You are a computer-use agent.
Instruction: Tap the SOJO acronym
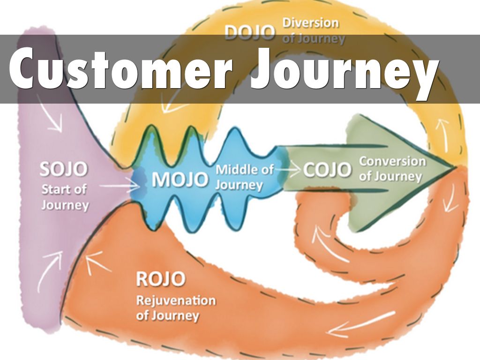click(64, 170)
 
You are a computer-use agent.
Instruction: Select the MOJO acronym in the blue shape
click(180, 180)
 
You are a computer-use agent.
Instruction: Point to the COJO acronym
click(327, 170)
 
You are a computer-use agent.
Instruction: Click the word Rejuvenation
click(176, 300)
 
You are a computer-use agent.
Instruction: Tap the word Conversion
click(392, 162)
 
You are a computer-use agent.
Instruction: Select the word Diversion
click(310, 23)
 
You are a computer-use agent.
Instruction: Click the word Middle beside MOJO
click(244, 169)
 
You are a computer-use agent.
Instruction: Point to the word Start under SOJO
click(57, 190)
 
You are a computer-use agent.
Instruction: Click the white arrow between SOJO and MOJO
click(117, 187)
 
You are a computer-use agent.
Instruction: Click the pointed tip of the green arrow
click(453, 167)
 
